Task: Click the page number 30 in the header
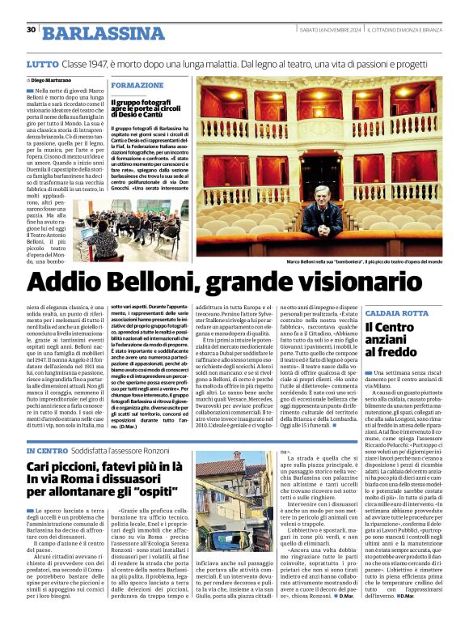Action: [31, 29]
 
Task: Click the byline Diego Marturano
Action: [51, 81]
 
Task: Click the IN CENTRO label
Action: [47, 450]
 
